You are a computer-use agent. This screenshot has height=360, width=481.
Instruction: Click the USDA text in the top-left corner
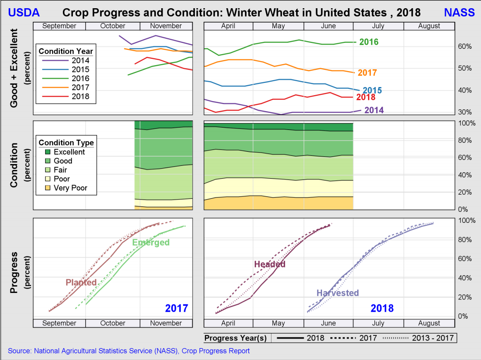tap(24, 12)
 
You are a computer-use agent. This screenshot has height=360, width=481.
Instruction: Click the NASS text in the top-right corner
tap(459, 12)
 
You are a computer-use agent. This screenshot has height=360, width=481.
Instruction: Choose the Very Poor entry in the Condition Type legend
tap(70, 188)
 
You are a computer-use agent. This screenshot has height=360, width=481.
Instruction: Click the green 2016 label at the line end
tap(368, 42)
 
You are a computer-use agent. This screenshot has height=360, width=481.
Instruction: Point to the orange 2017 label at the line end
tap(367, 73)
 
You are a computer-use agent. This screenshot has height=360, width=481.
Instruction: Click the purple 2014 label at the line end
tap(374, 110)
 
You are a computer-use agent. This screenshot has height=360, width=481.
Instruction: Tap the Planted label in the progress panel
tap(81, 283)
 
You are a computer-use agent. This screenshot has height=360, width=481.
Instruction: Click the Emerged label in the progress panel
tap(151, 242)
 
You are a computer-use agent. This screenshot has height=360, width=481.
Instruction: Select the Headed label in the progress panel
tap(270, 264)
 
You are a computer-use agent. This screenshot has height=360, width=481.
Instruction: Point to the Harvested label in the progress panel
tap(338, 293)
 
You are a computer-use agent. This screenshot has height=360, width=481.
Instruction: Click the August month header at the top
tap(429, 26)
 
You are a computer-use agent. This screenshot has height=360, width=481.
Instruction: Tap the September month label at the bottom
tap(59, 323)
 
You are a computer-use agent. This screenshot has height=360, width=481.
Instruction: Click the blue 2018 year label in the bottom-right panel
tap(382, 309)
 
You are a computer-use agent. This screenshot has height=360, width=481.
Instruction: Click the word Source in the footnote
tap(19, 351)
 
